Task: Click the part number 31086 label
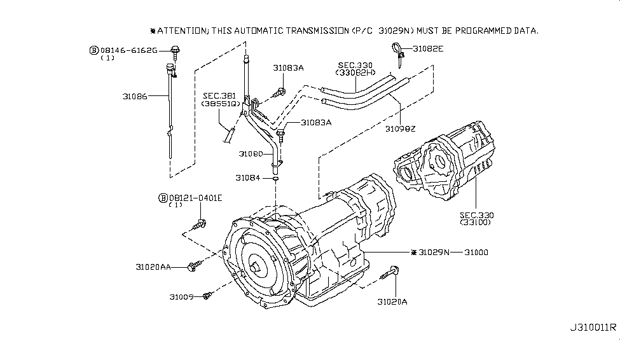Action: click(x=134, y=97)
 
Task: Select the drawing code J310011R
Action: click(x=593, y=328)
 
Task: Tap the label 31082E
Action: click(x=428, y=49)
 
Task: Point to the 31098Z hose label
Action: click(x=400, y=129)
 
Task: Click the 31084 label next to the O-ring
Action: click(x=247, y=178)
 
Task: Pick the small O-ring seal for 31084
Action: click(x=275, y=179)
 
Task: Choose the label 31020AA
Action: click(x=153, y=267)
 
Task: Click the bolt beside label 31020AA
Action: click(x=195, y=266)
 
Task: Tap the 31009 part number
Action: click(x=181, y=296)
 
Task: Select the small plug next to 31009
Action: click(x=207, y=296)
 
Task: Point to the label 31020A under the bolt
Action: click(x=392, y=302)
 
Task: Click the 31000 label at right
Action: click(x=476, y=253)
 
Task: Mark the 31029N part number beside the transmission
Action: click(x=434, y=253)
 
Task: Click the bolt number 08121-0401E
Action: click(x=195, y=198)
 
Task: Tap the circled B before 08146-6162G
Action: click(x=93, y=50)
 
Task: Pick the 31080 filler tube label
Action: click(x=251, y=154)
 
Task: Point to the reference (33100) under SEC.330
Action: click(x=475, y=222)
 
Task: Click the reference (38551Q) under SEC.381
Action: click(x=220, y=104)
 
